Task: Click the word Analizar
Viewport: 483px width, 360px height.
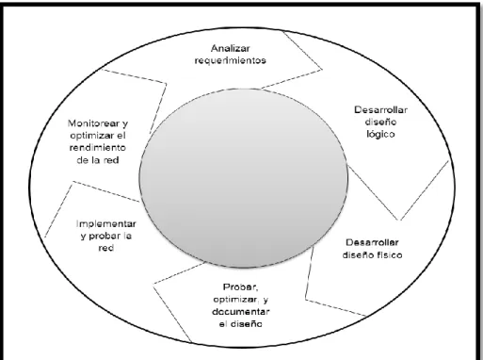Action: click(231, 48)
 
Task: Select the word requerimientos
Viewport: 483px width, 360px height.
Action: click(231, 60)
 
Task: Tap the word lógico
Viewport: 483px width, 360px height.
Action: click(380, 134)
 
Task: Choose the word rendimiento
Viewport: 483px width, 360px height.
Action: click(98, 148)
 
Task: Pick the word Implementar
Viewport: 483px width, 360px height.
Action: click(106, 224)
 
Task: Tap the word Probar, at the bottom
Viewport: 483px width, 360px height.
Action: click(240, 287)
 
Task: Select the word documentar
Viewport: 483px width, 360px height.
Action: click(241, 312)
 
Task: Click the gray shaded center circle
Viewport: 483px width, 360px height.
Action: click(244, 178)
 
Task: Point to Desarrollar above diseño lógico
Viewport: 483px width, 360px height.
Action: click(381, 110)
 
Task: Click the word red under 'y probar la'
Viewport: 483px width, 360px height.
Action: click(106, 248)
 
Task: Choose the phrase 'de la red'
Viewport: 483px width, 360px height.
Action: click(98, 160)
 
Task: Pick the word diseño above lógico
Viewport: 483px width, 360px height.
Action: click(380, 122)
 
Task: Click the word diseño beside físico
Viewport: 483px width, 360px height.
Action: click(356, 254)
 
